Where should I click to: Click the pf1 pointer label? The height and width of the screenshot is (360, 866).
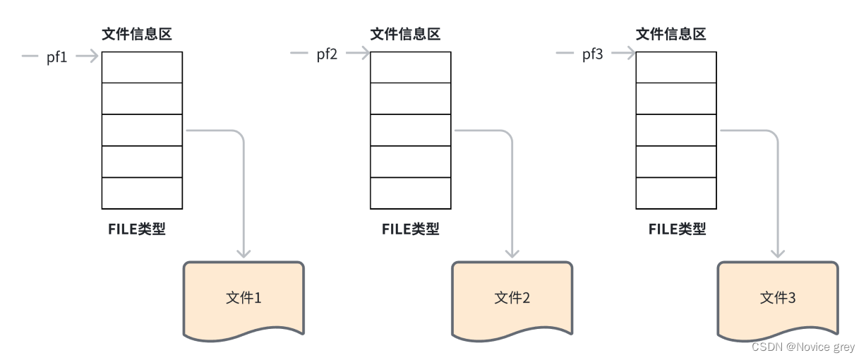point(56,56)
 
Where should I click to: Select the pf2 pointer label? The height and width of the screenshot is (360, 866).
point(327,54)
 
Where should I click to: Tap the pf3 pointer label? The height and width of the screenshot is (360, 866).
point(593,54)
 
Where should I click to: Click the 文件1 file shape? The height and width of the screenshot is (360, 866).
point(243,297)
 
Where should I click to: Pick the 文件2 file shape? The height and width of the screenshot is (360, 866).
point(512,297)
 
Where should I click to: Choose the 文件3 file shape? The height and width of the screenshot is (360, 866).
point(778,297)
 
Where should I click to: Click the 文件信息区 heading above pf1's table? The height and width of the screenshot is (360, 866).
point(137,34)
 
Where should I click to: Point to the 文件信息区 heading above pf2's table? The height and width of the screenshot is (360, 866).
point(406,34)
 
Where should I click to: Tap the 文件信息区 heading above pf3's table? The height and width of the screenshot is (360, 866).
point(671,34)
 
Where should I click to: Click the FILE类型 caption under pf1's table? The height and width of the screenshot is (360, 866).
point(137,229)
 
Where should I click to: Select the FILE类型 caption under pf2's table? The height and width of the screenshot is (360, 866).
point(410,229)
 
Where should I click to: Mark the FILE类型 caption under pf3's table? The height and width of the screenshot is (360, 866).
point(677,229)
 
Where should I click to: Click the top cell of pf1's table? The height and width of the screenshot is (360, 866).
point(142,67)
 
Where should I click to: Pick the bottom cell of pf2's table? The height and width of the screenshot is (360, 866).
point(411,193)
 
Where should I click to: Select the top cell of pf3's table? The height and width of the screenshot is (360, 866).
point(676,67)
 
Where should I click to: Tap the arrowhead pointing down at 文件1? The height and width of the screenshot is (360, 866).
point(243,252)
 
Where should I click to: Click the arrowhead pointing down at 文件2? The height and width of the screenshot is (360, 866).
point(512,252)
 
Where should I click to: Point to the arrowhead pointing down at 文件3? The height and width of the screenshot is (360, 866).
point(778,252)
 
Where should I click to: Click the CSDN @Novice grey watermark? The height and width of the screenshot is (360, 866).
point(803,347)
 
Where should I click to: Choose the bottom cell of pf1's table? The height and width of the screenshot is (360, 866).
point(142,193)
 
